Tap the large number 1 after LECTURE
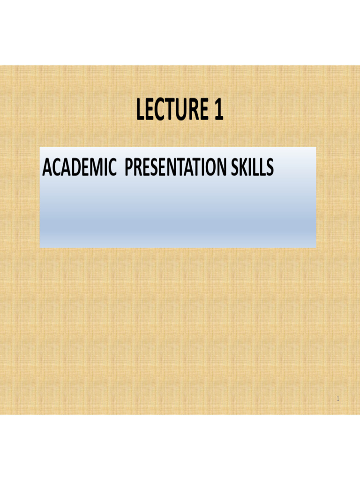pyautogui.click(x=217, y=111)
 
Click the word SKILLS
pyautogui.click(x=257, y=168)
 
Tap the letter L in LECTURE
pyautogui.click(x=141, y=111)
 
